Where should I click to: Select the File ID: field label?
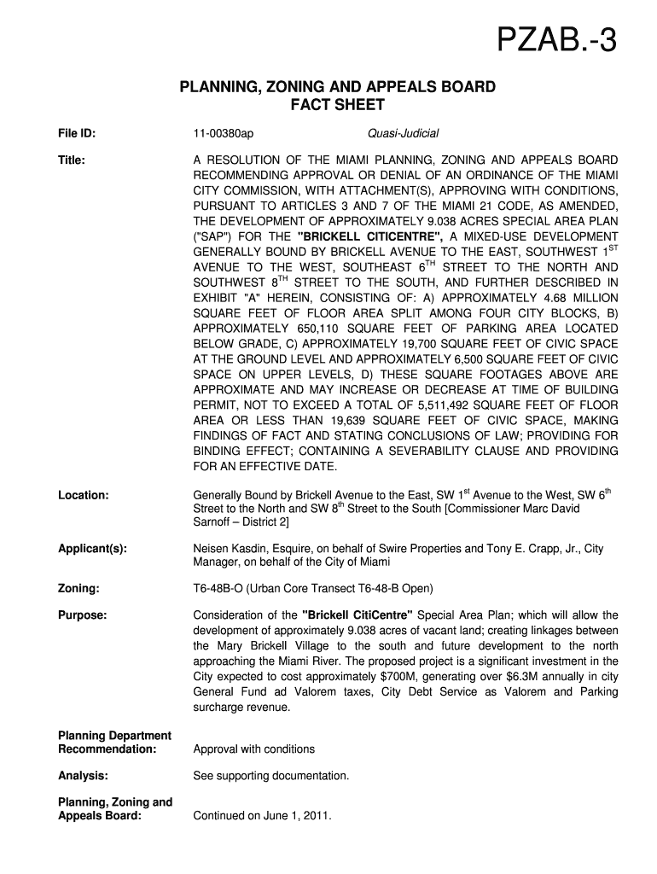[77, 134]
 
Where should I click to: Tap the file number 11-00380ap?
[224, 134]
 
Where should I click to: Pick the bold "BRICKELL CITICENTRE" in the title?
[369, 236]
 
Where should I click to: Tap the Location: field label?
[83, 495]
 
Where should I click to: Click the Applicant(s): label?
[92, 548]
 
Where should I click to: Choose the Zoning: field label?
[78, 589]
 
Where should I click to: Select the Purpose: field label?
[82, 615]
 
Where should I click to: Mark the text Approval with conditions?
[254, 749]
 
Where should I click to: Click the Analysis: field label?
[82, 776]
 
